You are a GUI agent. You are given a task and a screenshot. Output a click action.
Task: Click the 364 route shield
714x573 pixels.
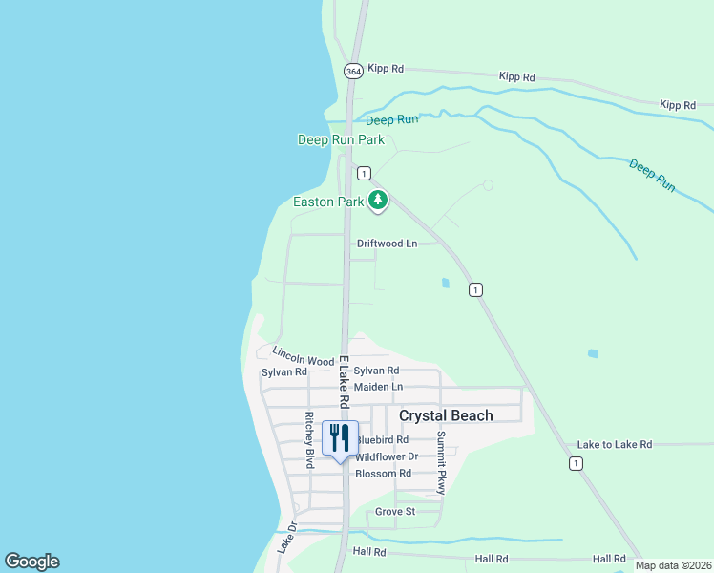353,71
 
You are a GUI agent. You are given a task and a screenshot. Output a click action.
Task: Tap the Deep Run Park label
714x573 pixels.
341,140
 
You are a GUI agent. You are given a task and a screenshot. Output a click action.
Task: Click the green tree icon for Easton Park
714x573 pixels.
379,200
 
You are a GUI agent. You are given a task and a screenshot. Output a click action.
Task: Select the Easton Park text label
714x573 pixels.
328,202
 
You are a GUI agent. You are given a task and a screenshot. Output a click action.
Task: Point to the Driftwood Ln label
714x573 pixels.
387,244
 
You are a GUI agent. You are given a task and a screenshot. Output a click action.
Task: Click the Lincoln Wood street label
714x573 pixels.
303,356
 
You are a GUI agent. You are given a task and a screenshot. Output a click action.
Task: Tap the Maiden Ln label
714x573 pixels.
378,387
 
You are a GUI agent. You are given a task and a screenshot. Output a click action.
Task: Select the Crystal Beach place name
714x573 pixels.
446,415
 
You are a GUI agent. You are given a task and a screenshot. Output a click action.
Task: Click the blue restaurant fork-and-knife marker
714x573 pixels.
340,438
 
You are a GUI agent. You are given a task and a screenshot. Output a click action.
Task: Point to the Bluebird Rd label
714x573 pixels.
382,440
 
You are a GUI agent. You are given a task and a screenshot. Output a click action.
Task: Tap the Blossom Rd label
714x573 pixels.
383,474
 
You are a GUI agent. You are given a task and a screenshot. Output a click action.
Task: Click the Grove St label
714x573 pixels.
394,512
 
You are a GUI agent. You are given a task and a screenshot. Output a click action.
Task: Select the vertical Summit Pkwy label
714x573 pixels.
442,462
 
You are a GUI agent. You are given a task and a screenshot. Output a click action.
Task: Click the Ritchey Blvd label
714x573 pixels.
309,439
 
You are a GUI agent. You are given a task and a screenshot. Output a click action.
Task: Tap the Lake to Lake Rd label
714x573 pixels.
614,445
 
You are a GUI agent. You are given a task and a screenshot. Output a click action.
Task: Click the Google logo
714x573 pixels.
31,562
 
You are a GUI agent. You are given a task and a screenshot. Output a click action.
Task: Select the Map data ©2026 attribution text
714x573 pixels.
672,565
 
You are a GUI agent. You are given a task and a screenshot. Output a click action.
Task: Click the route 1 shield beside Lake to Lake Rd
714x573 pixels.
575,463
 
